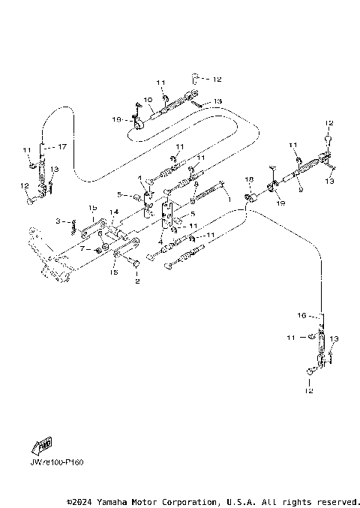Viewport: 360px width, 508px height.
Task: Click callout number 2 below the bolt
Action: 136,282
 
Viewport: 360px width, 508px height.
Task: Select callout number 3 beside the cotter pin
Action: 56,221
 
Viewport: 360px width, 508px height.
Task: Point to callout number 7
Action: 82,248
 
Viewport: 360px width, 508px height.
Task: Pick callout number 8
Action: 196,184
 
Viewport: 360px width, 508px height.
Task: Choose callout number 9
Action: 300,190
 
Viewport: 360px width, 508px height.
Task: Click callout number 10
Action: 148,99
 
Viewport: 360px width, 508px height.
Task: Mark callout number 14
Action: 115,212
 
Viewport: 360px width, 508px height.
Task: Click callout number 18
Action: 250,181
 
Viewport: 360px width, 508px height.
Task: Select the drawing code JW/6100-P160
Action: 57,462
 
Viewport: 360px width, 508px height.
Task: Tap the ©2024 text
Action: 82,501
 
